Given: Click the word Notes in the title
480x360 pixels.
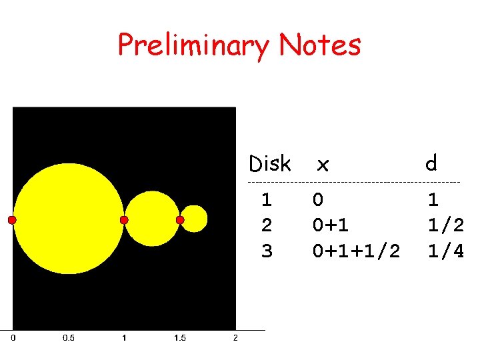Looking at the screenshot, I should pyautogui.click(x=320, y=45).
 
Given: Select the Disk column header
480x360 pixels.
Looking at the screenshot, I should pyautogui.click(x=269, y=163).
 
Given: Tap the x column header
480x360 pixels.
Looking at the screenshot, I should pyautogui.click(x=323, y=164).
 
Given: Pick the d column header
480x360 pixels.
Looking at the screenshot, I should pyautogui.click(x=432, y=163).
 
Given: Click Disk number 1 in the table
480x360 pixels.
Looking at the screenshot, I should pyautogui.click(x=267, y=199).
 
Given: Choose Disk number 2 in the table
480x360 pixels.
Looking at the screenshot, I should pyautogui.click(x=267, y=225).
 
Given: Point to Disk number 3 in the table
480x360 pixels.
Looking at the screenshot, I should pyautogui.click(x=267, y=251).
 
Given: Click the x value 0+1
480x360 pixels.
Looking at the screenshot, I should pyautogui.click(x=331, y=225).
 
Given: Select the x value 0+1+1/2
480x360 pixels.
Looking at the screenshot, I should pyautogui.click(x=356, y=251).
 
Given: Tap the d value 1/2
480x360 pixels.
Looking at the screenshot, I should pyautogui.click(x=445, y=225).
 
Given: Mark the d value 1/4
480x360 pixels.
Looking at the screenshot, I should pyautogui.click(x=445, y=251).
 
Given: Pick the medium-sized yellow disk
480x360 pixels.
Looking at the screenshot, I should pyautogui.click(x=152, y=219).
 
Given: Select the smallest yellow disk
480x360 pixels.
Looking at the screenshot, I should pyautogui.click(x=194, y=219).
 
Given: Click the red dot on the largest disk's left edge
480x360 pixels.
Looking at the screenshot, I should pyautogui.click(x=12, y=220).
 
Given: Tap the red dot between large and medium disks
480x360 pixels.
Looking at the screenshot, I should pyautogui.click(x=124, y=220).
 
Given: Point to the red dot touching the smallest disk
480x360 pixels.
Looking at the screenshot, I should pyautogui.click(x=180, y=220).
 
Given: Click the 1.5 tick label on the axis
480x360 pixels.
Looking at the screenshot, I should pyautogui.click(x=179, y=338).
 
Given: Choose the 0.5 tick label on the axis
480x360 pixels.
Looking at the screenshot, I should pyautogui.click(x=68, y=338).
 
